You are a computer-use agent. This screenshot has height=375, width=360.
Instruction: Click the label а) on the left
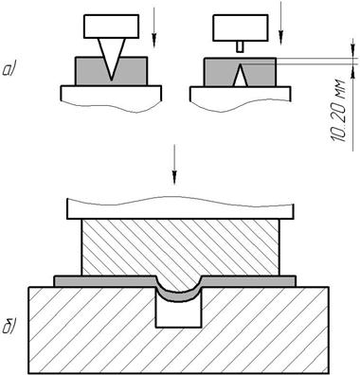click(x=9, y=69)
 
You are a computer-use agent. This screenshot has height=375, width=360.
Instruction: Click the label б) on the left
click(x=9, y=327)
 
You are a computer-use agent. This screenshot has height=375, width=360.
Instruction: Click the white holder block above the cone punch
click(x=111, y=27)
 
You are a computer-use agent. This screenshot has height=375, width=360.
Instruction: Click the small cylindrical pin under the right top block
click(x=241, y=46)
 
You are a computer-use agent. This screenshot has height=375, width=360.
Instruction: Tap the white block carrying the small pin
click(x=241, y=27)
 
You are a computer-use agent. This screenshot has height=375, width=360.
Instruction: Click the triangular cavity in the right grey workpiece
click(x=241, y=76)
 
